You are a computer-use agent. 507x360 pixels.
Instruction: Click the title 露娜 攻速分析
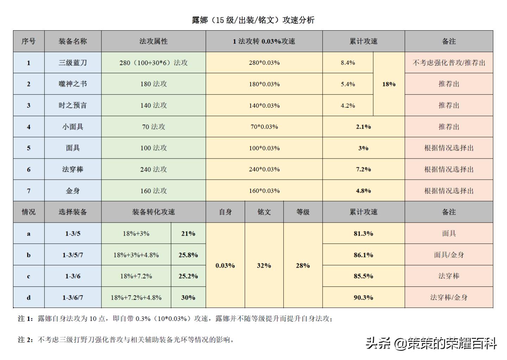click(x=253, y=20)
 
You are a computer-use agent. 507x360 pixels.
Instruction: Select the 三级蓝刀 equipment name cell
click(x=73, y=63)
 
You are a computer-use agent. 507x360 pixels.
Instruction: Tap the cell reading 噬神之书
click(x=73, y=84)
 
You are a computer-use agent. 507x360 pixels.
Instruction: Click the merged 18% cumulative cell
click(x=389, y=84)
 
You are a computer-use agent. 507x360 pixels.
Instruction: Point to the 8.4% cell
click(x=348, y=63)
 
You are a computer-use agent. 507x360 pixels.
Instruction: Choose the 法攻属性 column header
click(x=153, y=41)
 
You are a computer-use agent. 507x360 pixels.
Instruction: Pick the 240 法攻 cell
click(x=153, y=169)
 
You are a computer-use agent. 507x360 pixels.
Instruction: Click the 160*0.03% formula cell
click(x=264, y=191)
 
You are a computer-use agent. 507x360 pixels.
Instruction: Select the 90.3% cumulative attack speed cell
click(x=363, y=297)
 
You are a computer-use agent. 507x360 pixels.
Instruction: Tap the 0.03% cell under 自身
click(x=225, y=265)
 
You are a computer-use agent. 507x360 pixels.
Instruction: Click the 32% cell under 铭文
click(x=264, y=265)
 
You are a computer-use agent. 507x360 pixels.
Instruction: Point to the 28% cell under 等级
click(x=303, y=265)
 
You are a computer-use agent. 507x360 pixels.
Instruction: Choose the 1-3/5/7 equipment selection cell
click(x=73, y=255)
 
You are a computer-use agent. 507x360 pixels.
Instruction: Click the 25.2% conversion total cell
click(x=188, y=276)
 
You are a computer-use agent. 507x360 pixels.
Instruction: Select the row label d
click(x=29, y=297)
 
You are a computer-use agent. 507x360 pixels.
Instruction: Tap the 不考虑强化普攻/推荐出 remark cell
click(x=449, y=63)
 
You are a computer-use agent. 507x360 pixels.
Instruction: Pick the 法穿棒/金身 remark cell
click(x=449, y=297)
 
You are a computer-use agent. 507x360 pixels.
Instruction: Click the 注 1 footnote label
click(x=25, y=319)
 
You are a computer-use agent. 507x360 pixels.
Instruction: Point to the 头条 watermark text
click(x=378, y=343)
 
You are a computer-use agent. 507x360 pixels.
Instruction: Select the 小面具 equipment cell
click(x=73, y=127)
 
